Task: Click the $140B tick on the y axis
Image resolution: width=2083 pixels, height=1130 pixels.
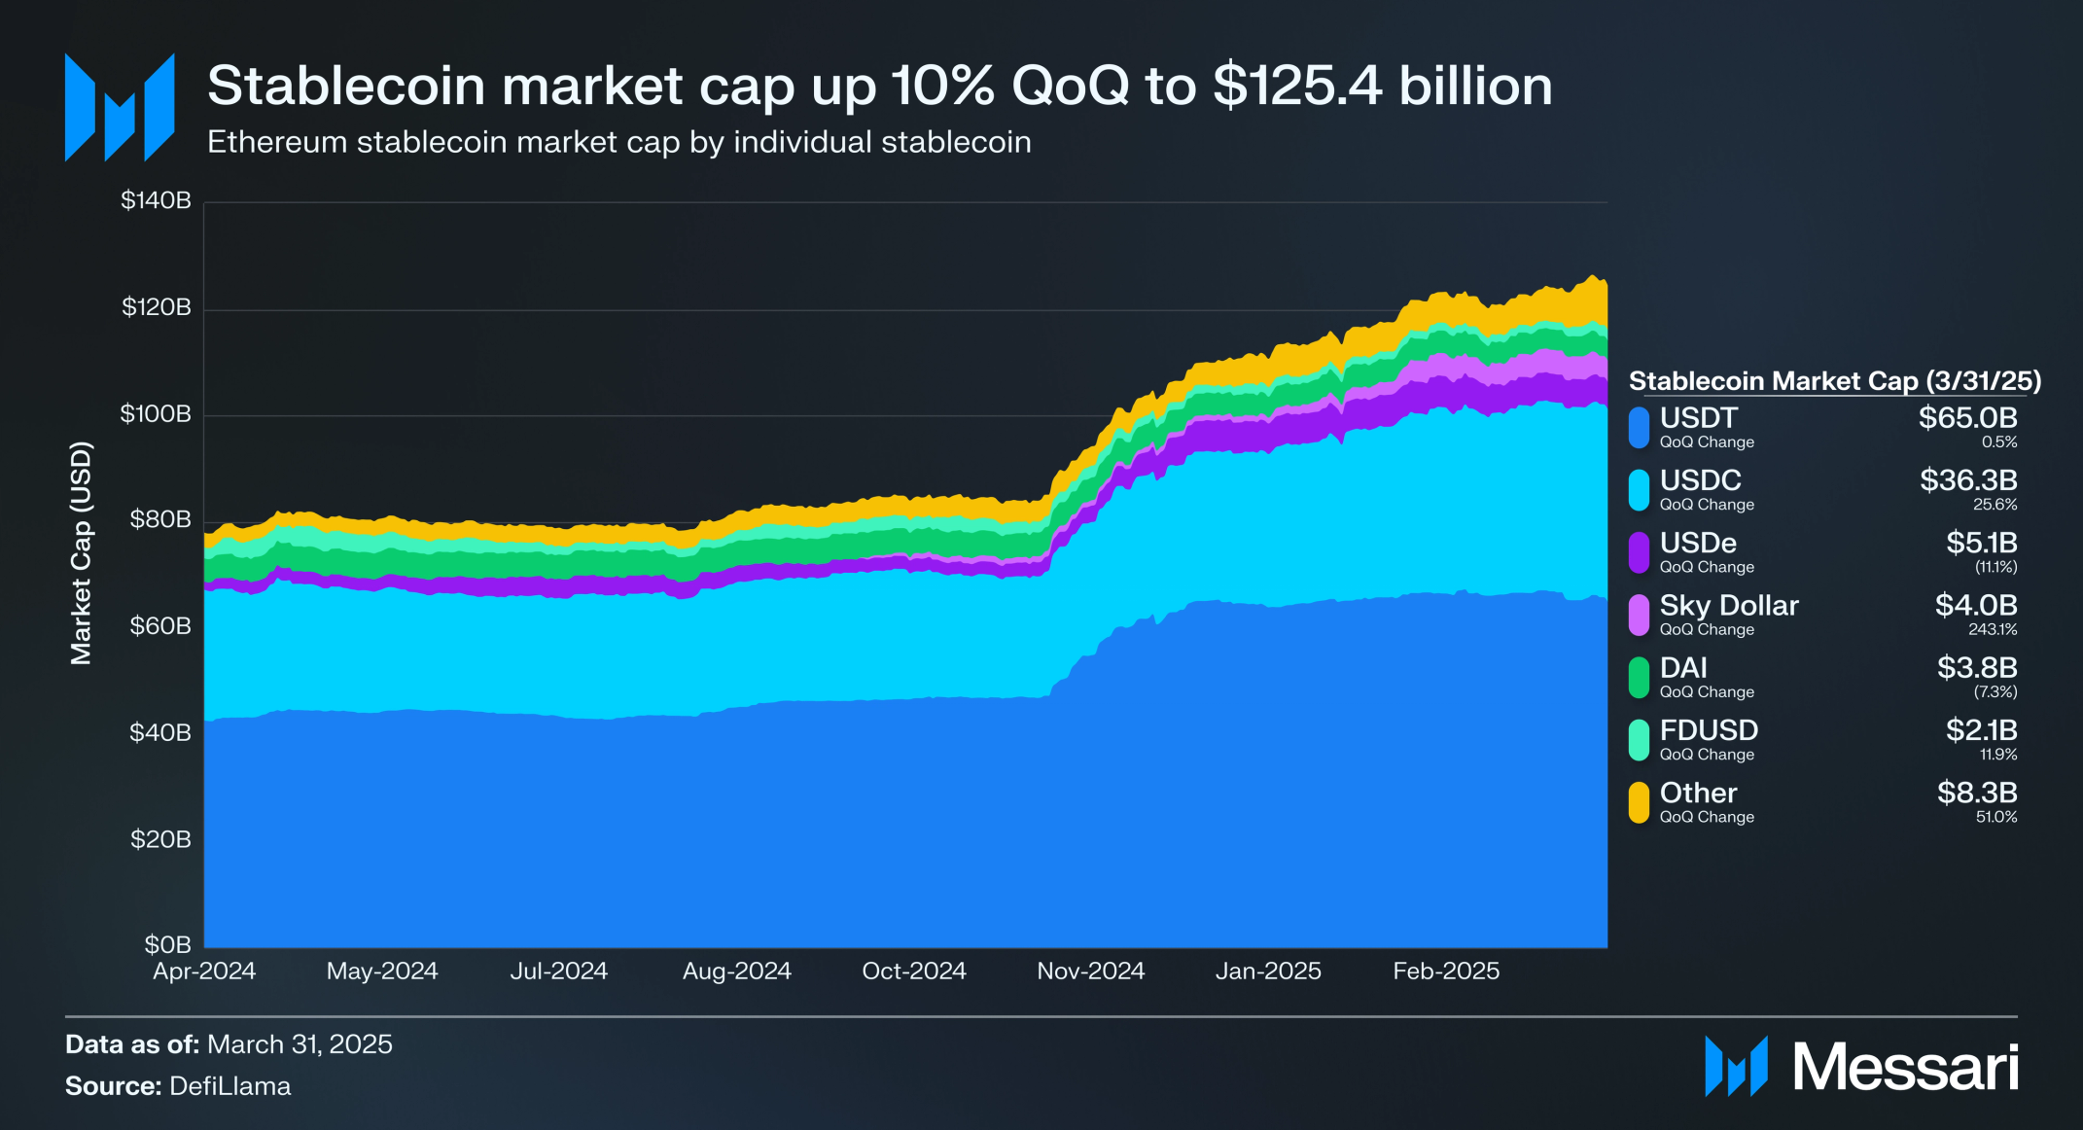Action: pyautogui.click(x=156, y=201)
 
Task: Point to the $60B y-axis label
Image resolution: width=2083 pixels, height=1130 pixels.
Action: pyautogui.click(x=160, y=625)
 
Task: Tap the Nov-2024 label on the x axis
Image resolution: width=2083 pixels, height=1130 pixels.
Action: pyautogui.click(x=1090, y=971)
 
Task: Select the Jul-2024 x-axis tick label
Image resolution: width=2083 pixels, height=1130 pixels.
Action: pyautogui.click(x=558, y=971)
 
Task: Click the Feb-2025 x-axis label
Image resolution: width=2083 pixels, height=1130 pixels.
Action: pyautogui.click(x=1445, y=971)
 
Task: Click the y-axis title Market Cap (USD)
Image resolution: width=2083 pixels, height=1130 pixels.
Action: pyautogui.click(x=81, y=552)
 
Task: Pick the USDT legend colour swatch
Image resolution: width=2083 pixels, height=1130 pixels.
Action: pyautogui.click(x=1640, y=428)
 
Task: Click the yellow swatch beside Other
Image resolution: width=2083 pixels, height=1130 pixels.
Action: pyautogui.click(x=1640, y=802)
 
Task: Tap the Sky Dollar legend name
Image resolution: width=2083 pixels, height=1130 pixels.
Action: pyautogui.click(x=1728, y=605)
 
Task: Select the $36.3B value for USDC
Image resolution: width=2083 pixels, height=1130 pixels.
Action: pyautogui.click(x=1967, y=480)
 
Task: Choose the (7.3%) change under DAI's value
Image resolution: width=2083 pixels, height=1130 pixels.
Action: pyautogui.click(x=1995, y=692)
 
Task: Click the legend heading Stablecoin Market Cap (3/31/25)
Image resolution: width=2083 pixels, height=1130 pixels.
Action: pyautogui.click(x=1834, y=380)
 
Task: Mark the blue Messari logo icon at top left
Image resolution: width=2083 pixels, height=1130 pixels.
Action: pyautogui.click(x=120, y=107)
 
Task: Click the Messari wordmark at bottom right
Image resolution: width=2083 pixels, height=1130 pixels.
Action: pyautogui.click(x=1904, y=1068)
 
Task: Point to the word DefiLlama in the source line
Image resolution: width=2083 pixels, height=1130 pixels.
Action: pyautogui.click(x=229, y=1086)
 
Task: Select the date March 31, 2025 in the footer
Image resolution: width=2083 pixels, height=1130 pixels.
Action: pyautogui.click(x=300, y=1044)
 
